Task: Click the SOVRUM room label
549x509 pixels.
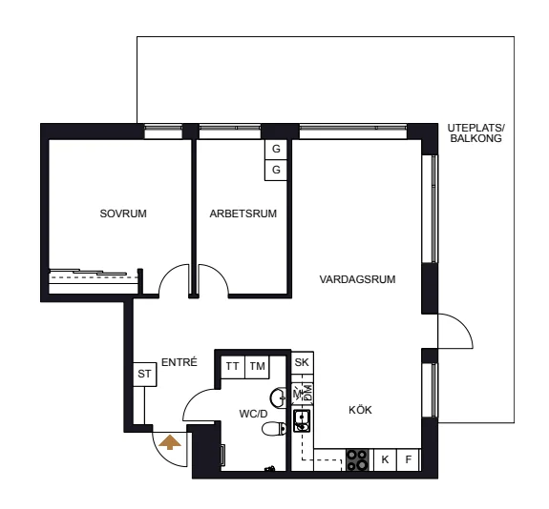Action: [123, 214]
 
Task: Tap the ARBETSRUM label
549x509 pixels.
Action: [243, 214]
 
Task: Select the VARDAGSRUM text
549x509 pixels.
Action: [357, 279]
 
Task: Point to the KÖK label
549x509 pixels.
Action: [360, 410]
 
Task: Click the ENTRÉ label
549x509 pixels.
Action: [179, 362]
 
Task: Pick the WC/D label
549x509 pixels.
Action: [253, 414]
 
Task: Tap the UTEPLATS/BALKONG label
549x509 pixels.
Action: [476, 133]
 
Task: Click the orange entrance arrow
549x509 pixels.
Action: [170, 442]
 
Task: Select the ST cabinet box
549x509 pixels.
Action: [144, 374]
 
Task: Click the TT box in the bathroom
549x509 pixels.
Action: [233, 367]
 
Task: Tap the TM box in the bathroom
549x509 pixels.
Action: [257, 367]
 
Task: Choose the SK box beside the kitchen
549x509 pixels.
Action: [302, 363]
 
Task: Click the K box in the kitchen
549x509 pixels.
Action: [385, 459]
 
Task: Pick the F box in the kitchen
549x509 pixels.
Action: [409, 459]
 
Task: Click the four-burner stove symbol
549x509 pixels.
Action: [357, 459]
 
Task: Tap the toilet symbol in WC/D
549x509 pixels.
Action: [274, 429]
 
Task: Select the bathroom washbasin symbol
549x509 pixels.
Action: [278, 397]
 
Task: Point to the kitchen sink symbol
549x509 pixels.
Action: [302, 421]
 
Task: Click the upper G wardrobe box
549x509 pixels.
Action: [276, 150]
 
